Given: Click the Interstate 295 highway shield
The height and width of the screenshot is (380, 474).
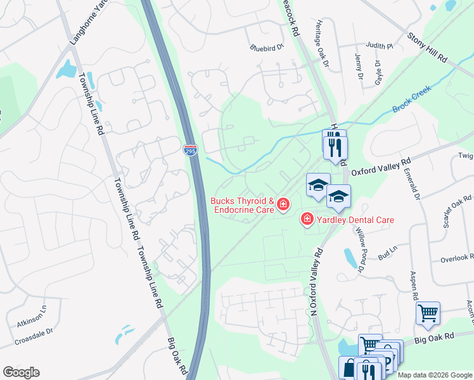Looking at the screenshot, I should (190, 150).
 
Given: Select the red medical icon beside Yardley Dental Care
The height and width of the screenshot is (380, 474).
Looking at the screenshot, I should (307, 219).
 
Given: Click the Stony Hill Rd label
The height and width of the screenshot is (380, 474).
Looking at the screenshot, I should (427, 48).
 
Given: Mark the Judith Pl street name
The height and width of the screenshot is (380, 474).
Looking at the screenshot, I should (380, 46).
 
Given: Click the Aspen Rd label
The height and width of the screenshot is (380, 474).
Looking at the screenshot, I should (415, 287).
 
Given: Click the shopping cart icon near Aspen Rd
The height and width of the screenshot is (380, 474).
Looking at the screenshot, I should (428, 312).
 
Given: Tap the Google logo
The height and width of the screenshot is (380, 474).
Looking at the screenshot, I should (21, 372).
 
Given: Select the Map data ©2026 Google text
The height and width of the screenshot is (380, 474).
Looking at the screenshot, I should (435, 375).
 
